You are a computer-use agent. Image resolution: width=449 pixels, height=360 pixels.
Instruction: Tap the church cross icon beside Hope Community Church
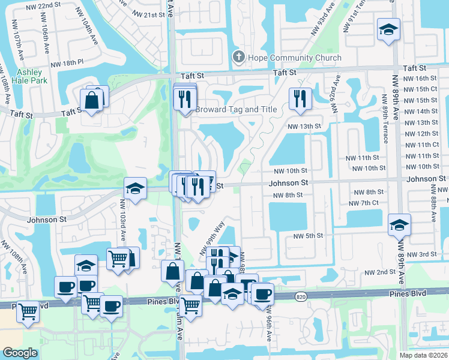point(238,58)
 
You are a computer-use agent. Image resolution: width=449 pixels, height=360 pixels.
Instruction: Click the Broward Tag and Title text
point(236,110)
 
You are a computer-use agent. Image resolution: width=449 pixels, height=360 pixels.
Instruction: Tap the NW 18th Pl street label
point(70,62)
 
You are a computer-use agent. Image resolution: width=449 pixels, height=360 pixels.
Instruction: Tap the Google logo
point(20,353)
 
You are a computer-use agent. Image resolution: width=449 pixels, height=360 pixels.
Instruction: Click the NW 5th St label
point(309,236)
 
